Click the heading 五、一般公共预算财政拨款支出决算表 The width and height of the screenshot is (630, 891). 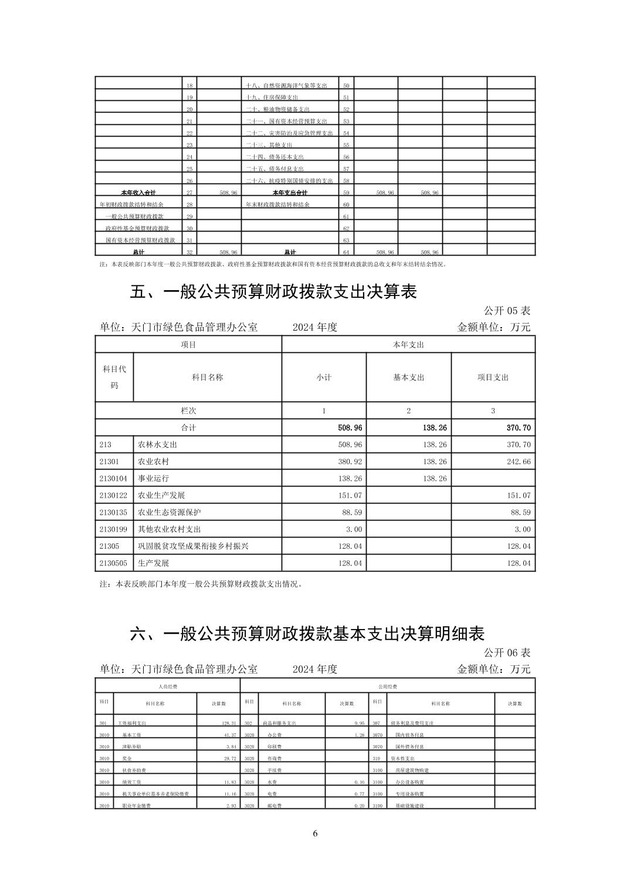[273, 292]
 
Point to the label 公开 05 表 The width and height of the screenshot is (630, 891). [507, 310]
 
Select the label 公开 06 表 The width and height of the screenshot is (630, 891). [507, 652]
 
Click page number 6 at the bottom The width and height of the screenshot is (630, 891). [316, 833]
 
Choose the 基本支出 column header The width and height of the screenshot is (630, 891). [408, 378]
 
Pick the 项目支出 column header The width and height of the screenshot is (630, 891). [493, 378]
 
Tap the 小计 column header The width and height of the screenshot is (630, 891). [324, 378]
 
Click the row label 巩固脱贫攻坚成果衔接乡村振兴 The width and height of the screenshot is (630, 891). [193, 546]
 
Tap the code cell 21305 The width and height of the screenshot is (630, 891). [109, 546]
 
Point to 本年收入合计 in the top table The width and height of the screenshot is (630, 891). [138, 192]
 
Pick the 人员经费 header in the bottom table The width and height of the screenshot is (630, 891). [168, 686]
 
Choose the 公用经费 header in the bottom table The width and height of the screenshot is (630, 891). [388, 686]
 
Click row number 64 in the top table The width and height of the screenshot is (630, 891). [346, 252]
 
